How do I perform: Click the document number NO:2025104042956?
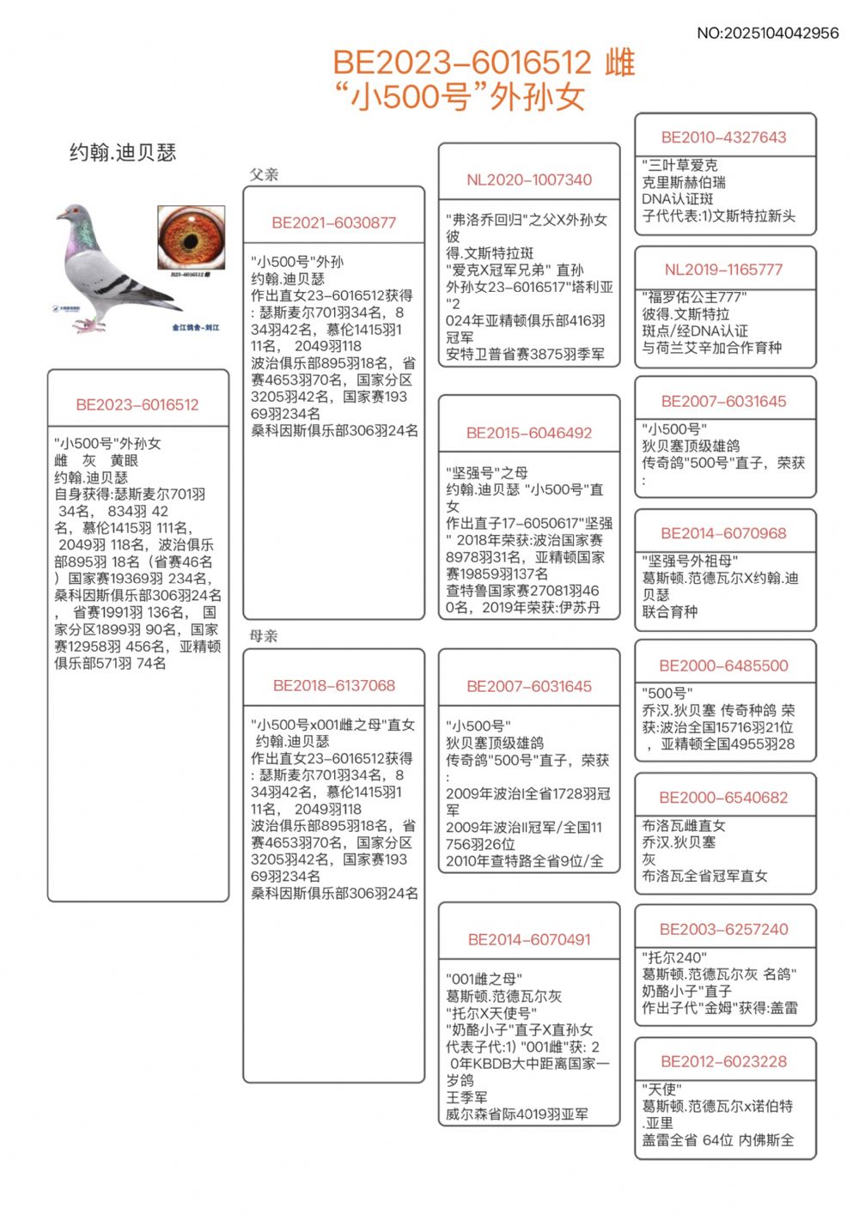coord(767,33)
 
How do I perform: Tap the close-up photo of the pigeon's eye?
coord(191,238)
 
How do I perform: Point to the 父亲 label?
coord(264,174)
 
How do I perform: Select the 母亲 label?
coord(264,635)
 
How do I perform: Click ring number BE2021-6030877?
coord(334,223)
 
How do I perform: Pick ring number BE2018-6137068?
coord(334,686)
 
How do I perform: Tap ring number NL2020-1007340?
coord(529,180)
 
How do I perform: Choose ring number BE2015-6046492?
coord(529,434)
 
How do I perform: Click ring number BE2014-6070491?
coord(529,940)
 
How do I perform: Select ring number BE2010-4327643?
coord(724,137)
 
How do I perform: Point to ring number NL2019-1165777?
coord(724,270)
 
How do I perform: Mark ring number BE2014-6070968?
coord(724,533)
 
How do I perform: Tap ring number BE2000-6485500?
coord(724,666)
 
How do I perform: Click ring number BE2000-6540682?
coord(724,798)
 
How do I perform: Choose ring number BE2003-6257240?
coord(724,930)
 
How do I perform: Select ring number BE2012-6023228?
coord(724,1062)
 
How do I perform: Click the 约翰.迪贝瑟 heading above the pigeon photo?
coord(123,153)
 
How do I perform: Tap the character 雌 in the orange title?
coord(619,63)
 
